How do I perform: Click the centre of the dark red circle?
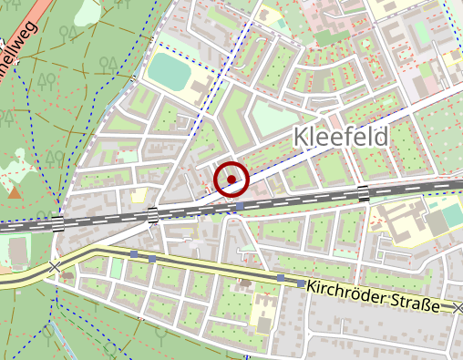[x=232, y=179]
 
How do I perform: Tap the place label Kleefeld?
[x=341, y=138]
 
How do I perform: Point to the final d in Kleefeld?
[x=382, y=138]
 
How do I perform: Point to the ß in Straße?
[x=422, y=303]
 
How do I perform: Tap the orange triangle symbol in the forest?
[x=14, y=192]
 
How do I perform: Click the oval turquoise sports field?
[x=166, y=67]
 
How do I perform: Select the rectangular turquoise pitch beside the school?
[x=448, y=219]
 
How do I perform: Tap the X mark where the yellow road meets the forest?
[x=56, y=267]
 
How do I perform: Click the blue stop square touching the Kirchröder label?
[x=302, y=284]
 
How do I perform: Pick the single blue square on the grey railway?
[x=239, y=207]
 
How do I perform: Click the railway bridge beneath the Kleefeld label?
[x=363, y=192]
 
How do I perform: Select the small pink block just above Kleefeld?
[x=338, y=116]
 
